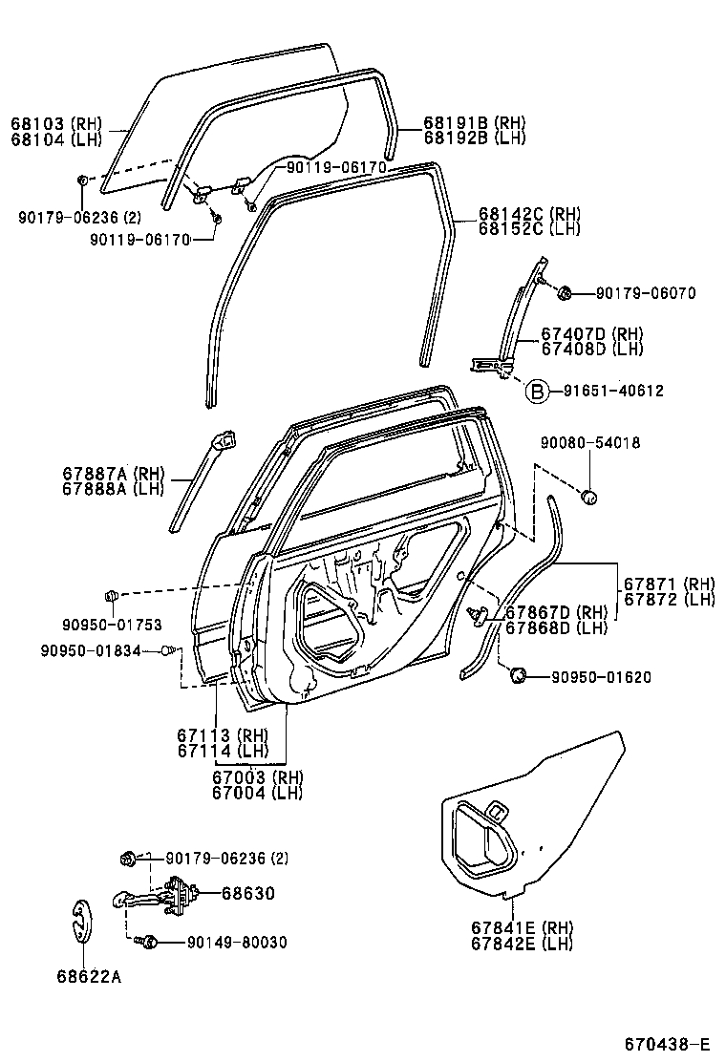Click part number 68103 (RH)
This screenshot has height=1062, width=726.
click(x=55, y=123)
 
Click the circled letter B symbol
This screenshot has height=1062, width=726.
click(x=538, y=391)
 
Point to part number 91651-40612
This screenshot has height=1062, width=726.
click(x=612, y=391)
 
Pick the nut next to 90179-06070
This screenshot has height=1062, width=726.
click(x=564, y=292)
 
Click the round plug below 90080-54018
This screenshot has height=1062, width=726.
click(x=589, y=496)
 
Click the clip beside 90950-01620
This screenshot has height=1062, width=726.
click(x=519, y=676)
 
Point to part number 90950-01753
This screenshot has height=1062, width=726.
click(x=112, y=626)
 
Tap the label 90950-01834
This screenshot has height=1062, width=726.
click(x=91, y=650)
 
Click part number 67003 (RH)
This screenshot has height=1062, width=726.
click(x=256, y=777)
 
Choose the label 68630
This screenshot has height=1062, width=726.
click(x=247, y=894)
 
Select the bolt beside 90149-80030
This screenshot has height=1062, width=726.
click(x=148, y=943)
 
